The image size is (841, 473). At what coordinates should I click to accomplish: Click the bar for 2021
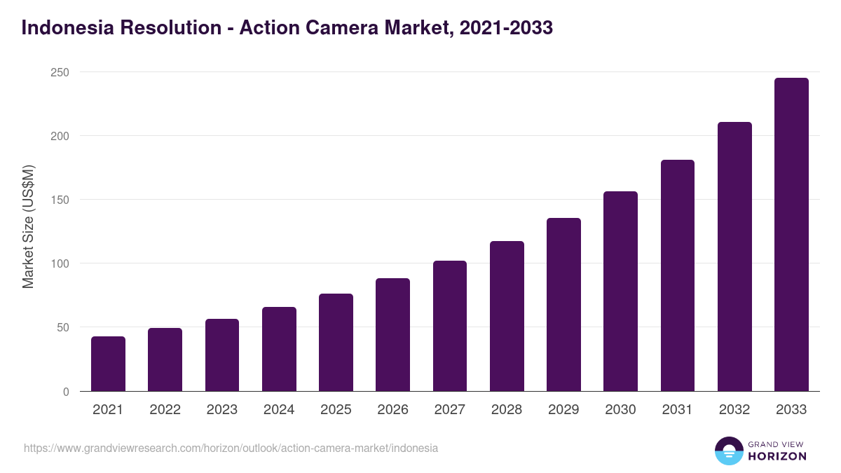(x=108, y=364)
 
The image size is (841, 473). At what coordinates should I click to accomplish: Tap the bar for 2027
(x=449, y=326)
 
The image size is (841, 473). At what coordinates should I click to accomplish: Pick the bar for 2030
(x=620, y=291)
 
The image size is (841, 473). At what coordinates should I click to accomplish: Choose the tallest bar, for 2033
(x=791, y=234)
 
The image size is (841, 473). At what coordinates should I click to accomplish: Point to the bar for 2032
(x=734, y=256)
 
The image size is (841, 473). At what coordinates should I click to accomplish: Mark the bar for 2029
(x=563, y=304)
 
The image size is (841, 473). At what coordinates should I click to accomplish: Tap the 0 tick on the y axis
(x=66, y=392)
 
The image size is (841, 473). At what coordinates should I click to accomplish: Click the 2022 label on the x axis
(x=165, y=410)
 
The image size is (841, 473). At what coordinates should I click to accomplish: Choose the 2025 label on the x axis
(x=336, y=410)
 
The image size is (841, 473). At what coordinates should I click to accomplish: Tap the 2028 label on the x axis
(x=507, y=410)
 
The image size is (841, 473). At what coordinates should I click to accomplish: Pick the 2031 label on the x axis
(x=677, y=410)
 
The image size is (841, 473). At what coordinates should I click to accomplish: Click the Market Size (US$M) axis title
(x=28, y=226)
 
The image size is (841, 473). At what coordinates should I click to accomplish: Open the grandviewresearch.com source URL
(x=231, y=448)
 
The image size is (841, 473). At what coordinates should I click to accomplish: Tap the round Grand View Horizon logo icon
(x=728, y=451)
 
